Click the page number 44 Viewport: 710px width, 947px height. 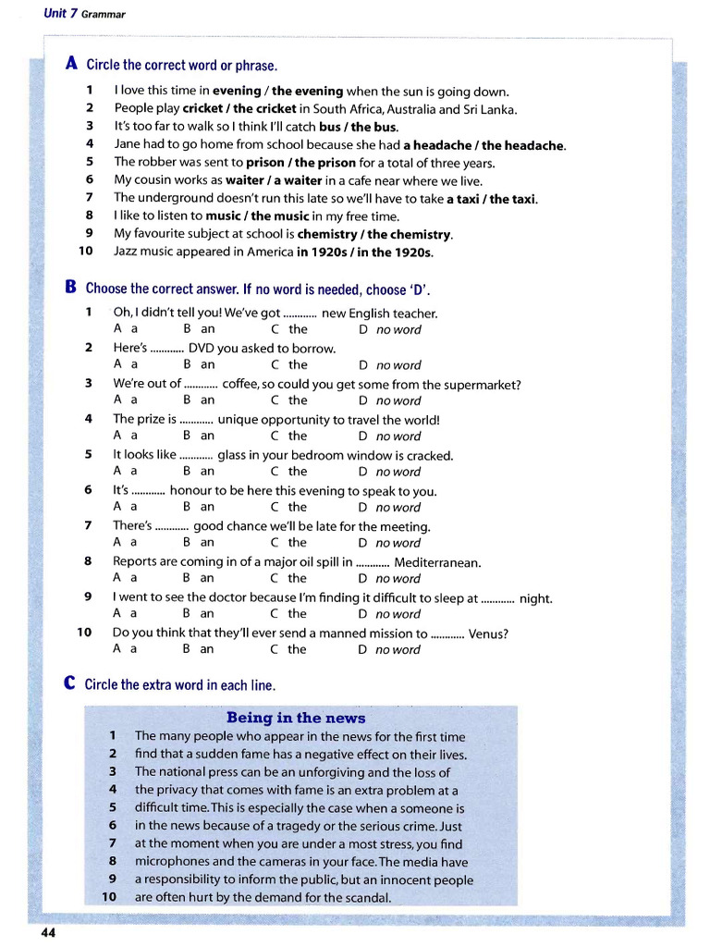point(48,932)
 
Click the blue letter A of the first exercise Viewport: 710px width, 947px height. point(71,64)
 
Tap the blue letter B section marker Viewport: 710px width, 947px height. point(71,288)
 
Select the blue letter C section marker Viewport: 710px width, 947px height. point(70,683)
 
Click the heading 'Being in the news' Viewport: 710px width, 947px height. point(296,718)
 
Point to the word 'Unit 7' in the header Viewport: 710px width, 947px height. point(61,14)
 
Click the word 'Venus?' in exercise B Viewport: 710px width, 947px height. point(488,633)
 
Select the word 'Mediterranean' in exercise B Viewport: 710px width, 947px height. point(437,562)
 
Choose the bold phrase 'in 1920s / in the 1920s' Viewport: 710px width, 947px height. point(364,252)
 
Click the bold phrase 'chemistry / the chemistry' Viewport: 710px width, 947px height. point(374,234)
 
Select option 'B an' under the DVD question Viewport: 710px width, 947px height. point(200,365)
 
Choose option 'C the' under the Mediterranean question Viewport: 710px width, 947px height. point(289,579)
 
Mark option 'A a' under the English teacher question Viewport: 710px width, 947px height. point(126,329)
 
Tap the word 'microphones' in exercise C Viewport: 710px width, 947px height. point(173,862)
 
